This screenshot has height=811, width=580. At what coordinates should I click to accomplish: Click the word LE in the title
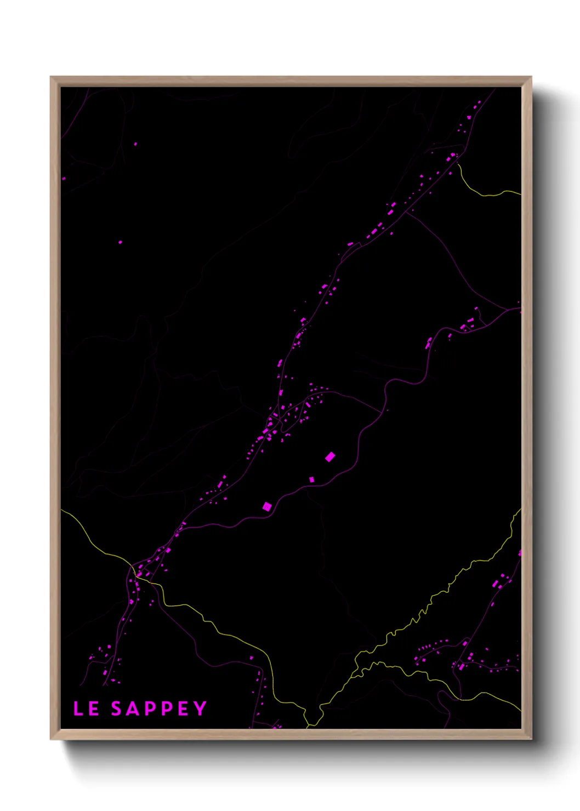coord(86,709)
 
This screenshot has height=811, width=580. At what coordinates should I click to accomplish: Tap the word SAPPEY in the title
coord(159,709)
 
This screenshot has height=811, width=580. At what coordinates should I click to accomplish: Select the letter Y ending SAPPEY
coord(200,709)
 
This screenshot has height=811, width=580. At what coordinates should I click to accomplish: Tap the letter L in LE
coord(78,709)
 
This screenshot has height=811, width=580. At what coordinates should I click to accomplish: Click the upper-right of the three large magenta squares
coord(330,457)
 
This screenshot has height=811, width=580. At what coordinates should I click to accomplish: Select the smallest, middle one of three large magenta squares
coord(312,479)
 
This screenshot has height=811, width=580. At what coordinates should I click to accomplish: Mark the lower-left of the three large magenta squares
coord(267,506)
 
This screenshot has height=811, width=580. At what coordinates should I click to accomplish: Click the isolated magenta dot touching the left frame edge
coord(64,179)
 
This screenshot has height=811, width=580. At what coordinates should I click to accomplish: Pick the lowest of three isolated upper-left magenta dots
coord(121,242)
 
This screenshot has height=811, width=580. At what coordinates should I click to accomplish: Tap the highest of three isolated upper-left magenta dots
coord(135,144)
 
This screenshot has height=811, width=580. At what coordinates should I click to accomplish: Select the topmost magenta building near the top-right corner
coord(479,102)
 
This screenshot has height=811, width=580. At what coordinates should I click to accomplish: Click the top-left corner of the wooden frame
coord(52,77)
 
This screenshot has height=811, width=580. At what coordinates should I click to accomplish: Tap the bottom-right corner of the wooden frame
coord(531,739)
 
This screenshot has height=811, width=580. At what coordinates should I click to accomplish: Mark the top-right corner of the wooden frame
coord(531,77)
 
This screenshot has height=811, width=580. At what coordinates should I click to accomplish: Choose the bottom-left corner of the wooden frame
coord(52,739)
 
